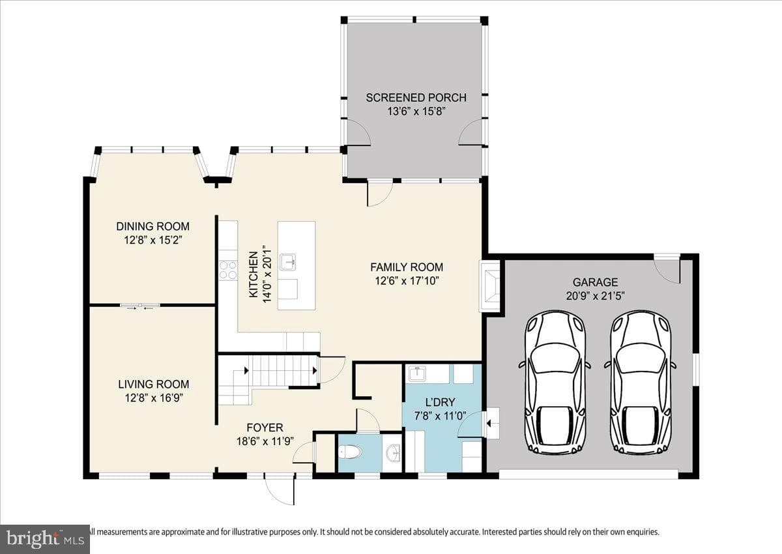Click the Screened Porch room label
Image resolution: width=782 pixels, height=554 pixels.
tap(416, 97)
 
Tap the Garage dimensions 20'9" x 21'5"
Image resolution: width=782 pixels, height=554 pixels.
tap(595, 296)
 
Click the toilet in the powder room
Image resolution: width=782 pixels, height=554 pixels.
tap(351, 453)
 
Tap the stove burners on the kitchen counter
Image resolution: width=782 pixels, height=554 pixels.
tap(228, 270)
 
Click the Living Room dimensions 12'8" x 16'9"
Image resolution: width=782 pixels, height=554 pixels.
tap(154, 398)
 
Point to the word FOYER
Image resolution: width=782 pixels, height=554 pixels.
tap(265, 428)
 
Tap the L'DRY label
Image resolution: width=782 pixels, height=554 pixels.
tap(440, 402)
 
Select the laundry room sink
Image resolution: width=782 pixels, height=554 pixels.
tap(417, 373)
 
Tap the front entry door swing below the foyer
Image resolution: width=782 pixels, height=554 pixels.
tap(280, 489)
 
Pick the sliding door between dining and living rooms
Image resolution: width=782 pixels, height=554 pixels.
tap(140, 306)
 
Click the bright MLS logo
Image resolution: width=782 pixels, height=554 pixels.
tap(45, 539)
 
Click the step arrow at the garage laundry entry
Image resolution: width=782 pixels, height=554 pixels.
tap(488, 424)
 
